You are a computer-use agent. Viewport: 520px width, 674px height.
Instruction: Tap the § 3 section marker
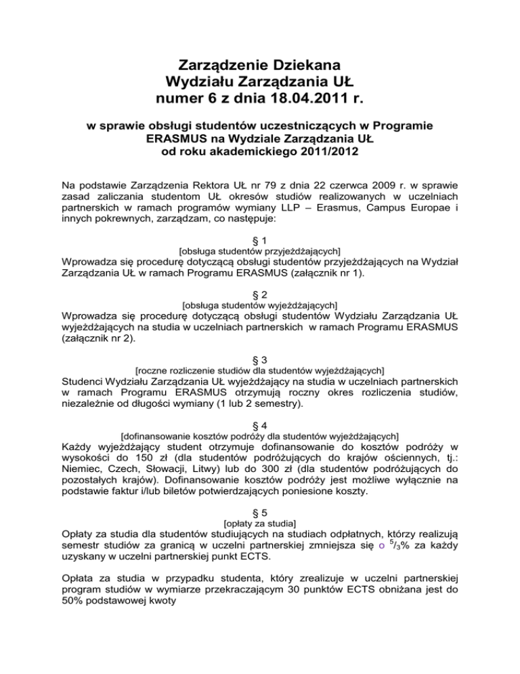click(x=260, y=359)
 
